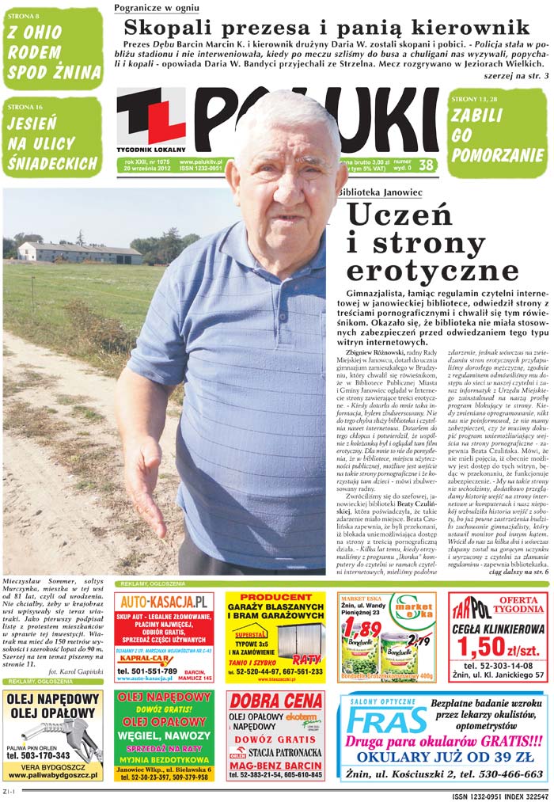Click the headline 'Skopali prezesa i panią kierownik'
(x=326, y=27)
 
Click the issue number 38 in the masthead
(x=426, y=165)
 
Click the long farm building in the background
(x=80, y=253)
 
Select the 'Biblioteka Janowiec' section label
(x=379, y=192)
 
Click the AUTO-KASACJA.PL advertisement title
(x=163, y=602)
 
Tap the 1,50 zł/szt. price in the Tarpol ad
(x=492, y=646)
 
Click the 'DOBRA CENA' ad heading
(x=275, y=701)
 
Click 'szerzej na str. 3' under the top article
(x=515, y=76)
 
